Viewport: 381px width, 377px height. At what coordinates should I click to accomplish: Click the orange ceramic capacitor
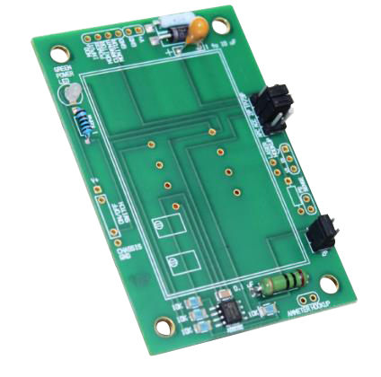click(x=195, y=29)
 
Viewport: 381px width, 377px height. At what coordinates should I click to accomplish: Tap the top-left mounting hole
click(x=60, y=51)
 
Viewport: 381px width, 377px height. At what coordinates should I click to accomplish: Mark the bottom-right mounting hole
click(x=331, y=285)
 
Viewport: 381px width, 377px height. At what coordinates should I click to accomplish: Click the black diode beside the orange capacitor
click(x=173, y=33)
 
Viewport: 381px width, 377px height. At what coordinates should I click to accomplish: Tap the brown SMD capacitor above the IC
click(x=220, y=292)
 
